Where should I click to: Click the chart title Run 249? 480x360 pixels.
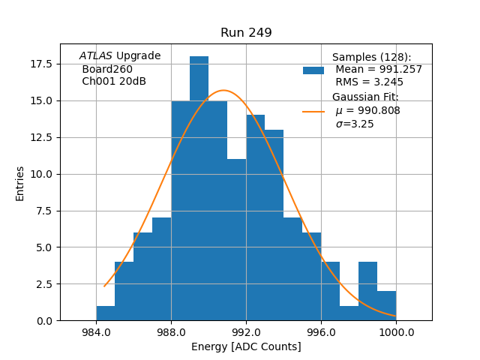click(x=246, y=33)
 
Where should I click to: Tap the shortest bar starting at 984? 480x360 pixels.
click(x=106, y=313)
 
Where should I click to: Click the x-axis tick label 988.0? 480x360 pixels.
click(x=171, y=332)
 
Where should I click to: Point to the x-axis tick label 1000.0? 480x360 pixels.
click(x=396, y=332)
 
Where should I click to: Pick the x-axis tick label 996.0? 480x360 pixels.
click(x=321, y=332)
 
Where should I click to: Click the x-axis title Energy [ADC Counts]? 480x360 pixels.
click(x=246, y=346)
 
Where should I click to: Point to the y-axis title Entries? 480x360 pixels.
click(x=20, y=183)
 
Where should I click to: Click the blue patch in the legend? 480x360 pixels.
click(x=313, y=70)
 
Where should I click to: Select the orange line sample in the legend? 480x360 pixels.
click(x=313, y=111)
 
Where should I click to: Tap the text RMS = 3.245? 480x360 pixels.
click(x=369, y=82)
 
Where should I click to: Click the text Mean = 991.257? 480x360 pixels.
click(x=379, y=70)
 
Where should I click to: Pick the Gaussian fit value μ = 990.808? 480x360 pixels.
click(x=367, y=111)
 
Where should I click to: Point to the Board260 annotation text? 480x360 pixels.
click(x=107, y=69)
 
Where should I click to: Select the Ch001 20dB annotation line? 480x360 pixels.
click(x=114, y=82)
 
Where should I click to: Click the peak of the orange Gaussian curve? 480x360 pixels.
click(x=223, y=90)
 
